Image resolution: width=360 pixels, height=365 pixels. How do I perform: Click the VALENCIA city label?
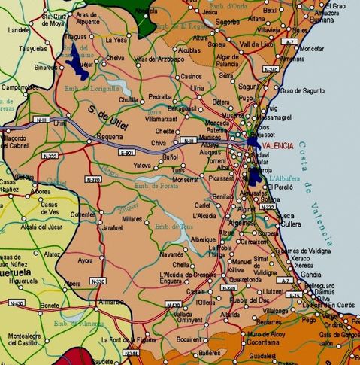tap(280, 146)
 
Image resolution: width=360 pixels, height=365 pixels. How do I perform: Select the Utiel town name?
tap(59, 123)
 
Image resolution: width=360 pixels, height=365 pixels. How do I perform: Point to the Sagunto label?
tap(247, 87)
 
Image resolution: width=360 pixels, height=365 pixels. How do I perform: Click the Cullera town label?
tap(292, 224)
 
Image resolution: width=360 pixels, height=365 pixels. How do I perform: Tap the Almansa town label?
tap(111, 301)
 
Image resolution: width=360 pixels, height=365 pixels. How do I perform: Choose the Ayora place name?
tap(86, 260)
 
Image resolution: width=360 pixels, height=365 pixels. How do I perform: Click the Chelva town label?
tap(115, 57)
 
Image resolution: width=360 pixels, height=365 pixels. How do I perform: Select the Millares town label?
tap(132, 218)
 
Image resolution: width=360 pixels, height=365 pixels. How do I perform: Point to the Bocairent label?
tap(189, 339)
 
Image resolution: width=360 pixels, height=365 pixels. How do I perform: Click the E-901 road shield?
tap(127, 152)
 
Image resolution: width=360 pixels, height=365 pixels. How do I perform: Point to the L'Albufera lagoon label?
tap(286, 178)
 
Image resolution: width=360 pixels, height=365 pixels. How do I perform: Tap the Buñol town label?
tap(171, 157)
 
